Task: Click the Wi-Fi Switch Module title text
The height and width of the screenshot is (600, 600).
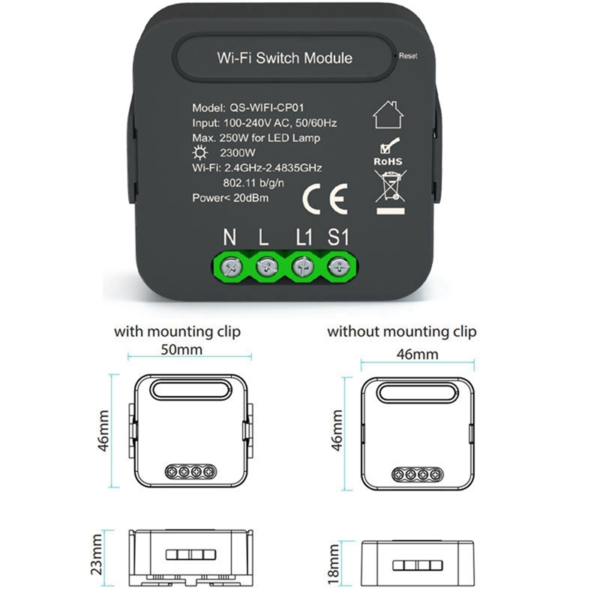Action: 285,58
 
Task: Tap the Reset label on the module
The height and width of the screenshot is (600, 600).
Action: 408,55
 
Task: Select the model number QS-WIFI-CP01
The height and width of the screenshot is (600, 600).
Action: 267,108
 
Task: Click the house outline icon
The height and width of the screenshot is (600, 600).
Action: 388,115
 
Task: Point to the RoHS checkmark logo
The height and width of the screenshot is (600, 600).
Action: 388,152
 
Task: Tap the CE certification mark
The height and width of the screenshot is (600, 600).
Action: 325,199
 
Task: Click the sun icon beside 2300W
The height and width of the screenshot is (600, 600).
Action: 199,153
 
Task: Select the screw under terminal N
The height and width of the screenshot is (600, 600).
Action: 232,266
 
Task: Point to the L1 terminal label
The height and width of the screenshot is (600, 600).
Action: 304,237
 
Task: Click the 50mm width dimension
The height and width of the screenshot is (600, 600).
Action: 181,349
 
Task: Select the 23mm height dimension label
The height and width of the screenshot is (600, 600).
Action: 97,554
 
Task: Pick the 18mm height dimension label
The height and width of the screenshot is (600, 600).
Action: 334,564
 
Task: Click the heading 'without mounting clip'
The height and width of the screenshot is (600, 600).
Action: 402,331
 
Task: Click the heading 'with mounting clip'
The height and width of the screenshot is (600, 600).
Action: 177,331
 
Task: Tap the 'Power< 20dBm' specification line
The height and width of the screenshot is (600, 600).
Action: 230,198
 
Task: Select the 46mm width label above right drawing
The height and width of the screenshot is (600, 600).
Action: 417,354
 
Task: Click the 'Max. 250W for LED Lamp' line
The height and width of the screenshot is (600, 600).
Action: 256,138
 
